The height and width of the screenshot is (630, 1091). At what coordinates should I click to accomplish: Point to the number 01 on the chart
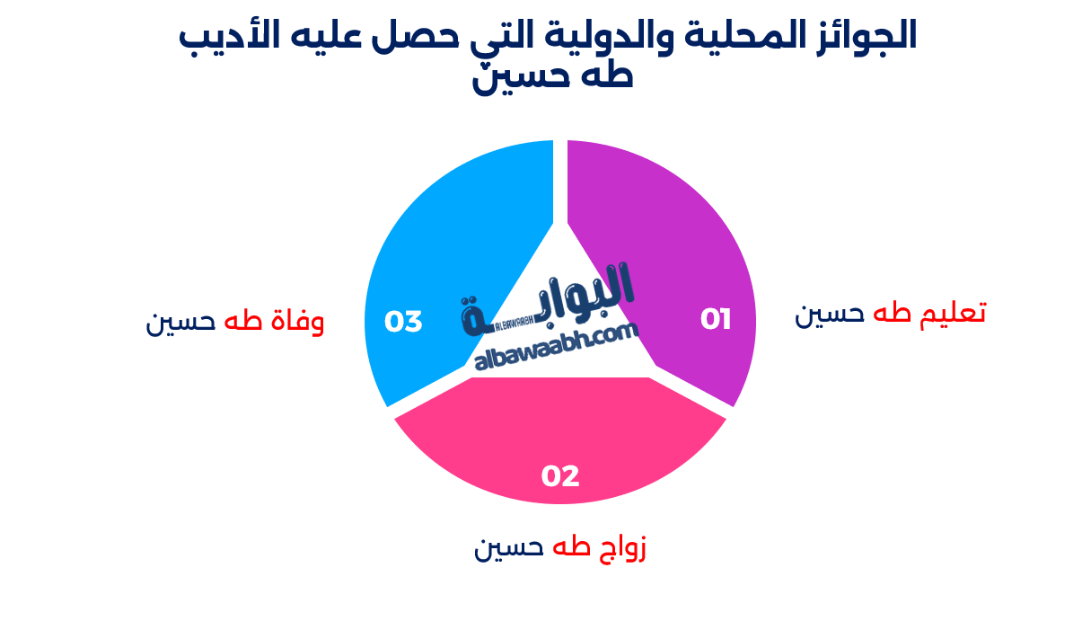click(716, 319)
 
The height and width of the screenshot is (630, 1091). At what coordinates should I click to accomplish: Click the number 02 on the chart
click(560, 475)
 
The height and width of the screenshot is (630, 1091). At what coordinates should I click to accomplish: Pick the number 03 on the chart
click(403, 322)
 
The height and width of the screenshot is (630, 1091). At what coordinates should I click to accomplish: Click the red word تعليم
click(954, 313)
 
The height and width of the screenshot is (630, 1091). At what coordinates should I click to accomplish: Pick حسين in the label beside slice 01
click(830, 314)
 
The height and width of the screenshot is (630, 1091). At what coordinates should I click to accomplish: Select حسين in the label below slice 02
click(509, 547)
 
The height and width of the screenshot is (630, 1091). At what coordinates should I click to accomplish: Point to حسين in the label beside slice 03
click(180, 322)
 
